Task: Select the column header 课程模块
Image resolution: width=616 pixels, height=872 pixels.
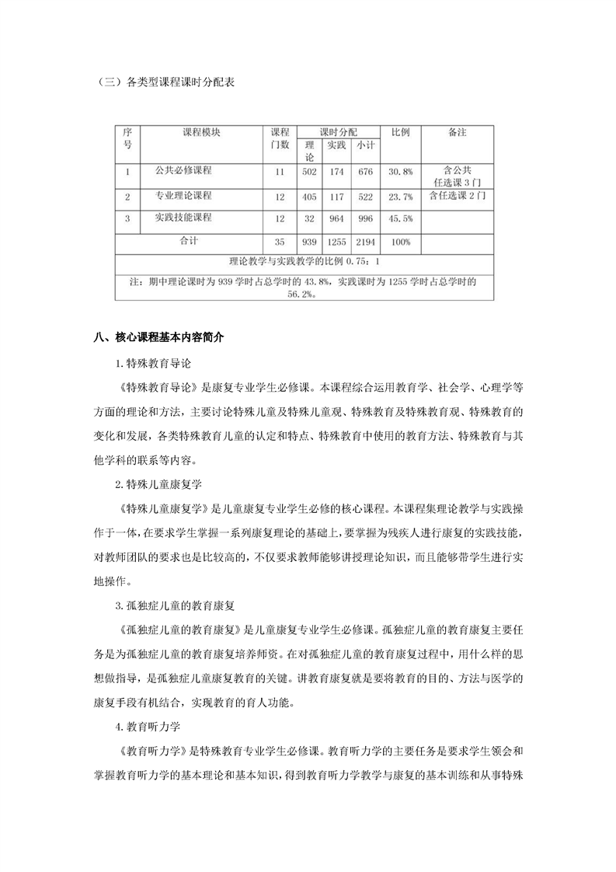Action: coord(201,133)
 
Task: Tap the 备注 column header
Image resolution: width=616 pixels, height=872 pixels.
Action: coord(458,133)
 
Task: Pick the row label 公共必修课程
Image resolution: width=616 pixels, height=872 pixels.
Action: coord(183,169)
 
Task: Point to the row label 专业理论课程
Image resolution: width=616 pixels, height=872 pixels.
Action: coord(183,196)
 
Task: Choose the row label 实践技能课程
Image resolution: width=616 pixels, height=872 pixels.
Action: coord(183,218)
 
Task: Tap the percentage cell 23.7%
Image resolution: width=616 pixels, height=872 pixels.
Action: coord(401,197)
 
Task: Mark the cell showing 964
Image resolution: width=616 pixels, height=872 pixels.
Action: coord(336,219)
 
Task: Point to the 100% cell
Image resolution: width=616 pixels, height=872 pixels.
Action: coord(401,242)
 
